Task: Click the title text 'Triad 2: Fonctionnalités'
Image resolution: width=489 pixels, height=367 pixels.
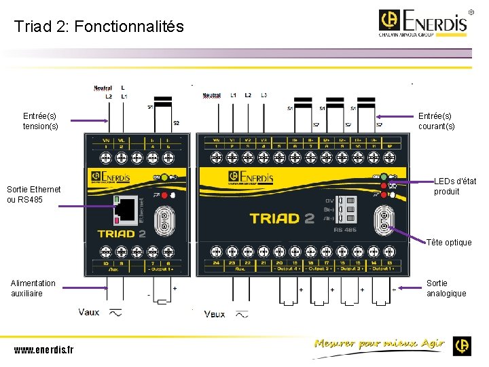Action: pos(99,27)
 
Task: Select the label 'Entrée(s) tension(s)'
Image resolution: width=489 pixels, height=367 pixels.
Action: pos(41,121)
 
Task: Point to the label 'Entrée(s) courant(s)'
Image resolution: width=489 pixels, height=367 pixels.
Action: pos(437,121)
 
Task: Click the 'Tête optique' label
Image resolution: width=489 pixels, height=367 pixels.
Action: pos(449,243)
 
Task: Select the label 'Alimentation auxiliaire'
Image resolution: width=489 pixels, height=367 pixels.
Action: pos(33,288)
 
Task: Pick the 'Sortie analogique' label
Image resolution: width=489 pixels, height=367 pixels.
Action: pos(446,288)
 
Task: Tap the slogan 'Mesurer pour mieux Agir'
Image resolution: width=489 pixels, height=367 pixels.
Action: pos(378,344)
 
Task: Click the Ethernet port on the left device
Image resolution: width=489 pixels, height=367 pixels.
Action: pos(126,210)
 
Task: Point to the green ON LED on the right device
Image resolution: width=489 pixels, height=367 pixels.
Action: pos(384,176)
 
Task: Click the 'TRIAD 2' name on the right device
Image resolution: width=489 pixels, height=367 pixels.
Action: pos(282,218)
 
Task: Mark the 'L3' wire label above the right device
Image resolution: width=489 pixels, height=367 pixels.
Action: pos(264,95)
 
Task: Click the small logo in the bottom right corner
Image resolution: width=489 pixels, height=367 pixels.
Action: pos(463,345)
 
